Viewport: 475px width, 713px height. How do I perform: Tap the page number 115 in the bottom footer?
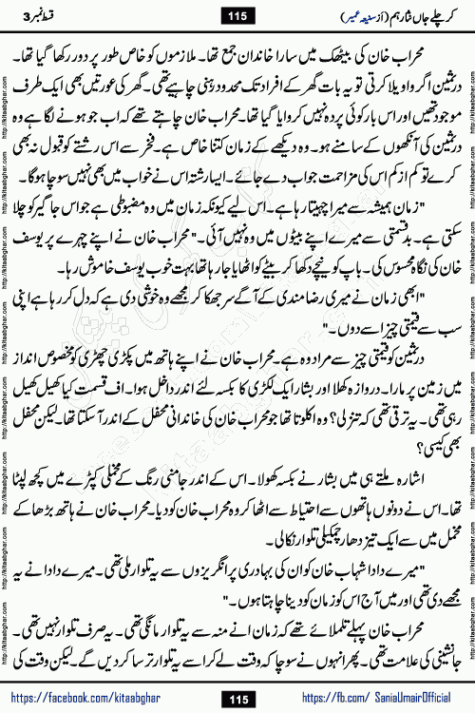click(237, 698)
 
